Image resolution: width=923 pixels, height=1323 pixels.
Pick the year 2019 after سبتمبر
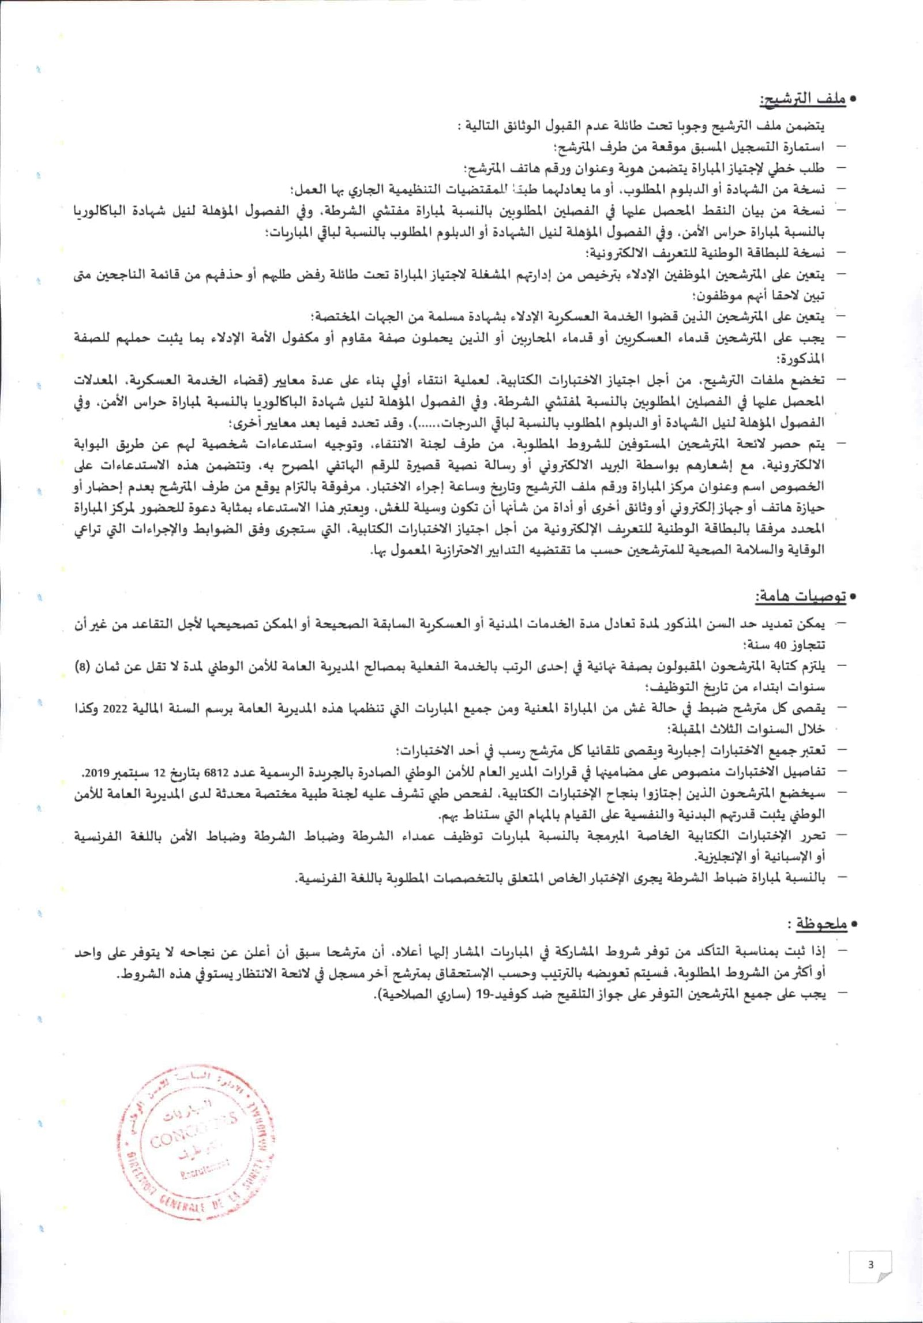pyautogui.click(x=96, y=772)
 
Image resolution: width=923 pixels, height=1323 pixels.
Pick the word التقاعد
pyautogui.click(x=138, y=624)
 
